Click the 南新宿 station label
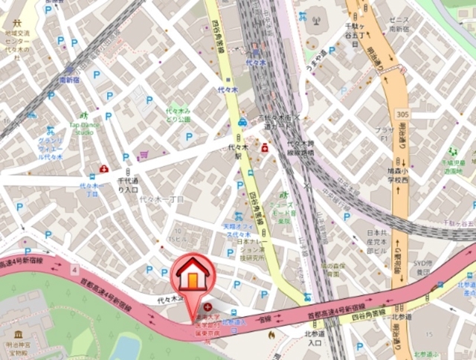tap(69, 79)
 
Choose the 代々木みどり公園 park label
tap(178, 115)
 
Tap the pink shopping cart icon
tap(143, 154)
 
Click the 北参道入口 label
tap(315, 338)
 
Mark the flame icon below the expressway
tap(270, 335)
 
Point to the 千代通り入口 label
tap(129, 184)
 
